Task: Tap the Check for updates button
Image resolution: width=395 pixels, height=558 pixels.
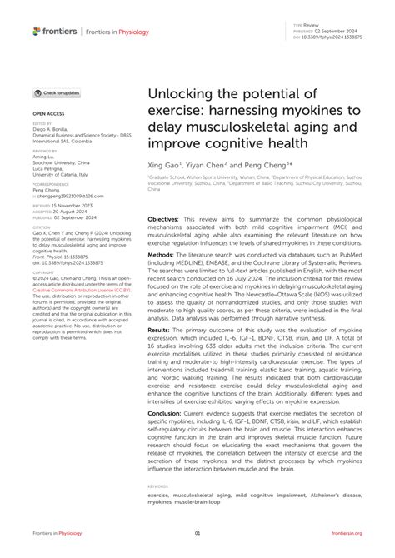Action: point(58,92)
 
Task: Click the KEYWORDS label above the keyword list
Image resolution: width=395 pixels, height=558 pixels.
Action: point(157,485)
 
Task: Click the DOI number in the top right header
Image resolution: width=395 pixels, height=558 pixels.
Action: point(342,37)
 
